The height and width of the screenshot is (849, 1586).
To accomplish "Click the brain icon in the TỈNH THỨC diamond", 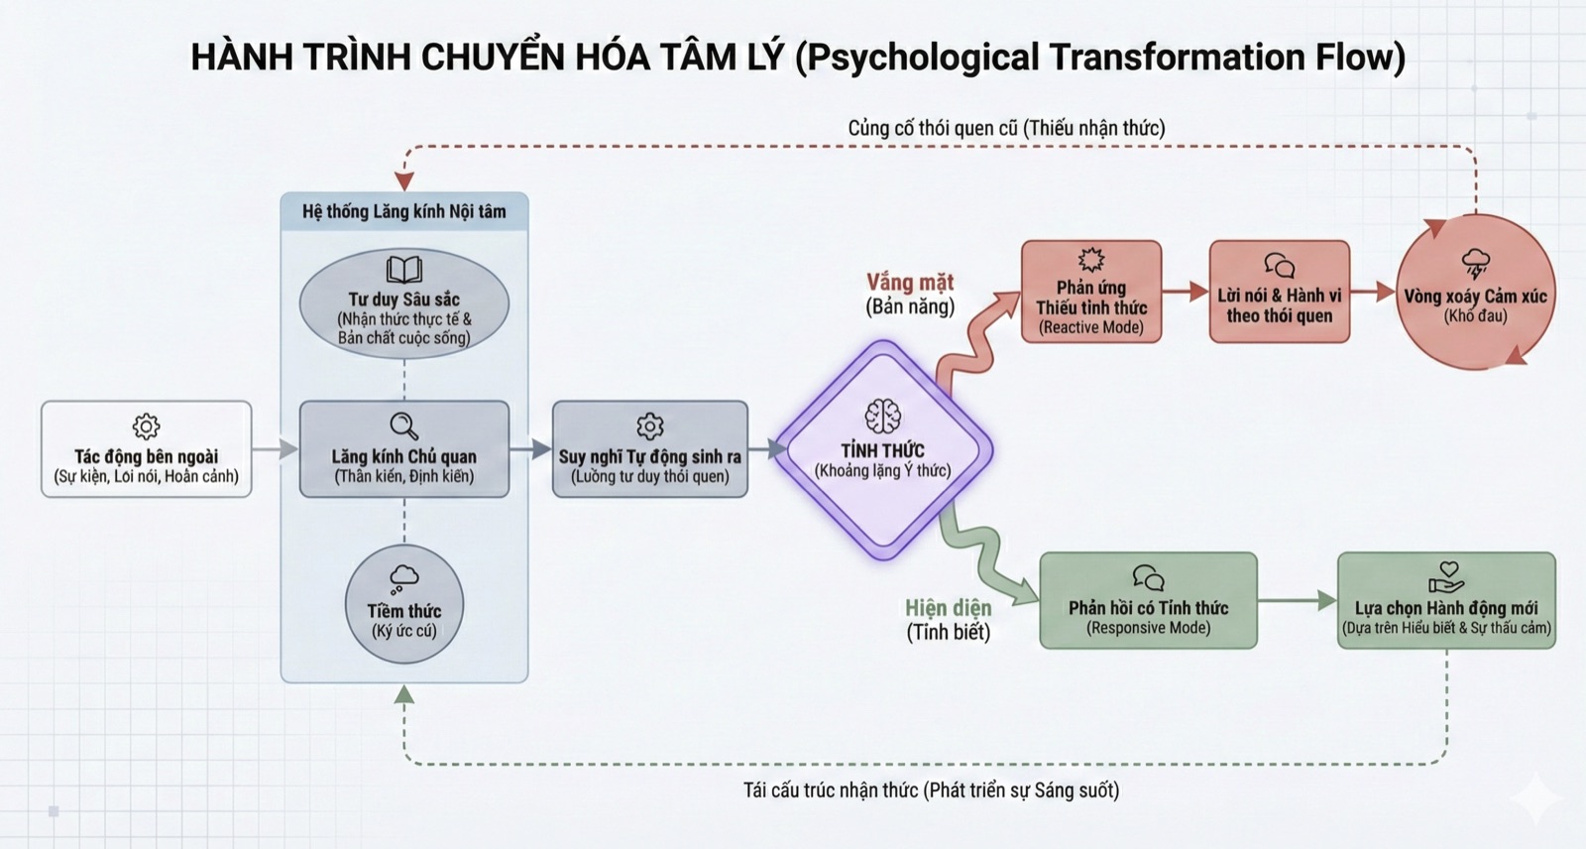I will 882,417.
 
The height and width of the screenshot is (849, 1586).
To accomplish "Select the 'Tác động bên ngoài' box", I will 147,449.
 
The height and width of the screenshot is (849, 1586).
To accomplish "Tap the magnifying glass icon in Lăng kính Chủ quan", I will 403,425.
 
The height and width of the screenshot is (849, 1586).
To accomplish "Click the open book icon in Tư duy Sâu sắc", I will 403,270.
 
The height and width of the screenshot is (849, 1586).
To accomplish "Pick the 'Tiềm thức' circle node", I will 403,604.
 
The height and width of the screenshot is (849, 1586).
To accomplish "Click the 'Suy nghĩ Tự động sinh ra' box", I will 649,449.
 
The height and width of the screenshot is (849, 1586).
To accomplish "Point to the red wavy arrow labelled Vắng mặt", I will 971,337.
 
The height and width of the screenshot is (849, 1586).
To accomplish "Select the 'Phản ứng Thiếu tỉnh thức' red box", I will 1090,292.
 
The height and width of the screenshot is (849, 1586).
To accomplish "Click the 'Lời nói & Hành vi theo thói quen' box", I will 1279,292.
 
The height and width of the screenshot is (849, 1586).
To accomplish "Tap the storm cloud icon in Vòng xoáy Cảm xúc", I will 1476,264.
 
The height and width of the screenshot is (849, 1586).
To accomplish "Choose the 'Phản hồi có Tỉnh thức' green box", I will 1148,601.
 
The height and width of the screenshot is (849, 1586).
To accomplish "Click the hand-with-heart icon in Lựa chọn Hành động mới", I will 1446,576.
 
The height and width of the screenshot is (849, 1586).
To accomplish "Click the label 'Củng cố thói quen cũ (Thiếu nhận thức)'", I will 1006,128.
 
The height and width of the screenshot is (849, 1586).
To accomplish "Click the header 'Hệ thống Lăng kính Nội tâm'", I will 403,211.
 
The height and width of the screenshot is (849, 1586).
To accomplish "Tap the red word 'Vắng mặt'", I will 909,283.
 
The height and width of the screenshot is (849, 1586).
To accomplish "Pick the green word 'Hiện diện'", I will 948,607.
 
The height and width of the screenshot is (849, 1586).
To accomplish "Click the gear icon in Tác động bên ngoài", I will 146,426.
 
